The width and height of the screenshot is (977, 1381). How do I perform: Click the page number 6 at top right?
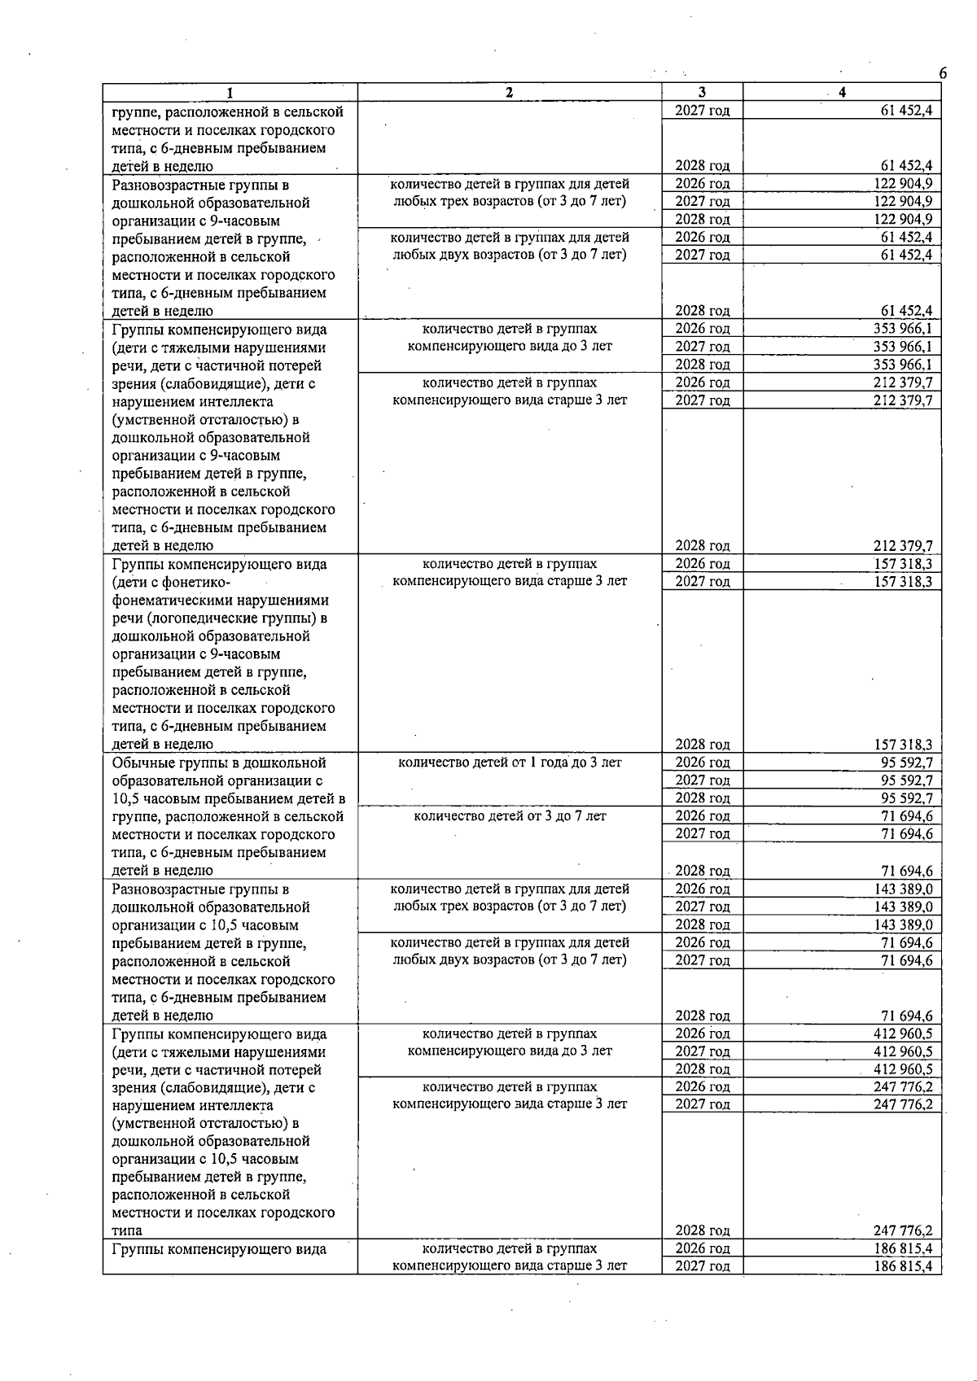point(942,74)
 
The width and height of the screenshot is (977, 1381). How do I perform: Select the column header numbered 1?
point(230,93)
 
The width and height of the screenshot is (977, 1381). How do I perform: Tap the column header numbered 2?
point(510,93)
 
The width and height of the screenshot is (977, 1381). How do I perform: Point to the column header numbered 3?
point(702,93)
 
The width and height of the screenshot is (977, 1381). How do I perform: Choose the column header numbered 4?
point(842,93)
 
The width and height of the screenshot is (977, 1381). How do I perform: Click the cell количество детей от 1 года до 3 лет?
point(510,763)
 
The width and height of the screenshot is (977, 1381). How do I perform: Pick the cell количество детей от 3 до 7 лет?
point(510,816)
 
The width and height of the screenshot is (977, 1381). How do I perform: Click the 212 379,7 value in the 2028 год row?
point(903,546)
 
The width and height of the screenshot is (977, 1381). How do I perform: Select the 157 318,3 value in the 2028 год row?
point(903,745)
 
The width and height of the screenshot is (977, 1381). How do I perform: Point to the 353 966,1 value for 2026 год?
point(903,329)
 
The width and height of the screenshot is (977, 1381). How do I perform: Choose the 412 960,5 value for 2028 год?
point(903,1069)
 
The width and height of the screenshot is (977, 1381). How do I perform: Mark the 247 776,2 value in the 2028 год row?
point(903,1230)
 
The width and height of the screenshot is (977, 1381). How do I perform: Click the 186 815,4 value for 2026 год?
point(903,1248)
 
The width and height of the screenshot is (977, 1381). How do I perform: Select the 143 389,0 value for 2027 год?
point(903,907)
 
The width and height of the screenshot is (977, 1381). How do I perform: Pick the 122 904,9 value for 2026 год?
point(903,184)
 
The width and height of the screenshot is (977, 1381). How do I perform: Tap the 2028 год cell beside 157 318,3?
point(702,745)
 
